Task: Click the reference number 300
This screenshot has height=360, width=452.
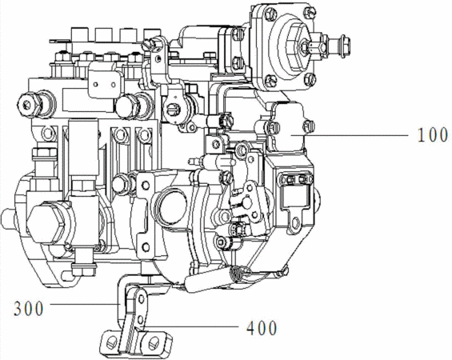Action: pos(29,309)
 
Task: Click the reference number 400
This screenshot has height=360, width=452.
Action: pos(262,328)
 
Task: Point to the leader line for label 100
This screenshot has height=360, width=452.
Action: pos(350,135)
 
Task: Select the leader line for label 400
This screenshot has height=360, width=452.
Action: pos(193,326)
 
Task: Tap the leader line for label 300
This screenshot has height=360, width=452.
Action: pos(85,303)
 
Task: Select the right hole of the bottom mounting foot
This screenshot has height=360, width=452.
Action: pos(153,342)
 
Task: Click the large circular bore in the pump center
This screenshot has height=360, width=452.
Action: pos(171,205)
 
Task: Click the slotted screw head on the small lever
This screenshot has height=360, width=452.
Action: pos(171,110)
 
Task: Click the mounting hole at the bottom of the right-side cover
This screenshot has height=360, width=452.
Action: pos(294,222)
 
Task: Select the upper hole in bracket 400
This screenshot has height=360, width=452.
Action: pos(142,298)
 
